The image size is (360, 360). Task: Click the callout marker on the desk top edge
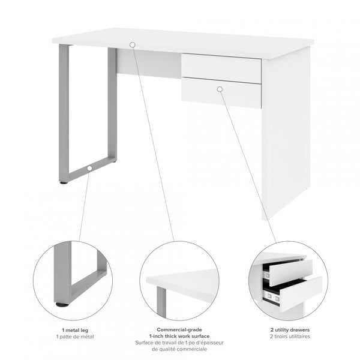(132, 44)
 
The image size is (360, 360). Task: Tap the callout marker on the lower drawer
(220, 89)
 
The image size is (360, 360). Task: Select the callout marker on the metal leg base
(89, 169)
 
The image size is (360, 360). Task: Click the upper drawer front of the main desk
(221, 68)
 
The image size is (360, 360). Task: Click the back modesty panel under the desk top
(149, 64)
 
